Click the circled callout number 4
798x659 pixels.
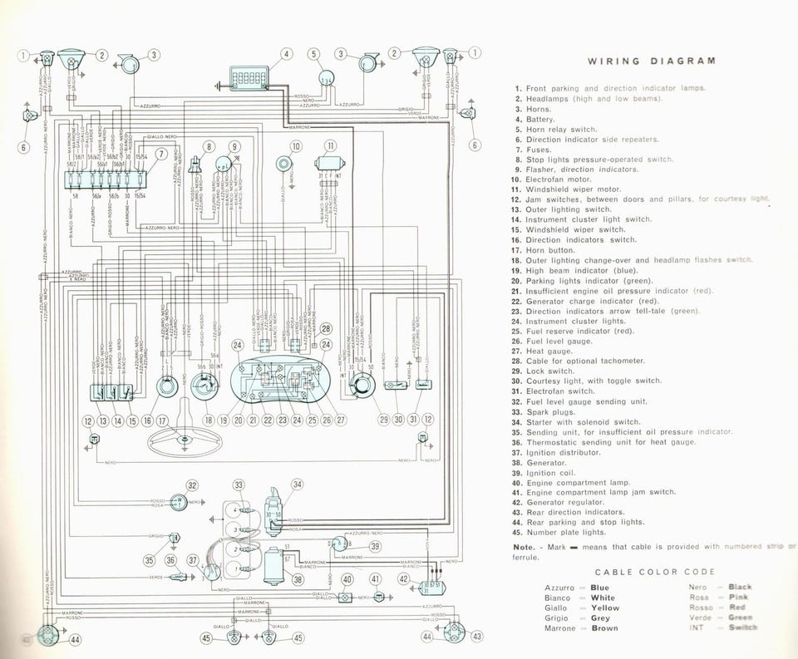click(286, 55)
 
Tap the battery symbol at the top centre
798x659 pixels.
click(249, 79)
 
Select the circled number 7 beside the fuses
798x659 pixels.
click(161, 152)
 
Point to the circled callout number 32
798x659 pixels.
click(192, 486)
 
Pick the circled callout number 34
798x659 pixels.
click(297, 484)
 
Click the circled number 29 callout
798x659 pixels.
click(384, 420)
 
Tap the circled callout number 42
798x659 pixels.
click(403, 579)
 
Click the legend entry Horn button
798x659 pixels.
click(550, 249)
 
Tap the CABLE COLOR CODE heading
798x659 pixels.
click(654, 572)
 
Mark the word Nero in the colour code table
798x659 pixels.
click(698, 588)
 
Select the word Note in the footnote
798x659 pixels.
click(523, 546)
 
